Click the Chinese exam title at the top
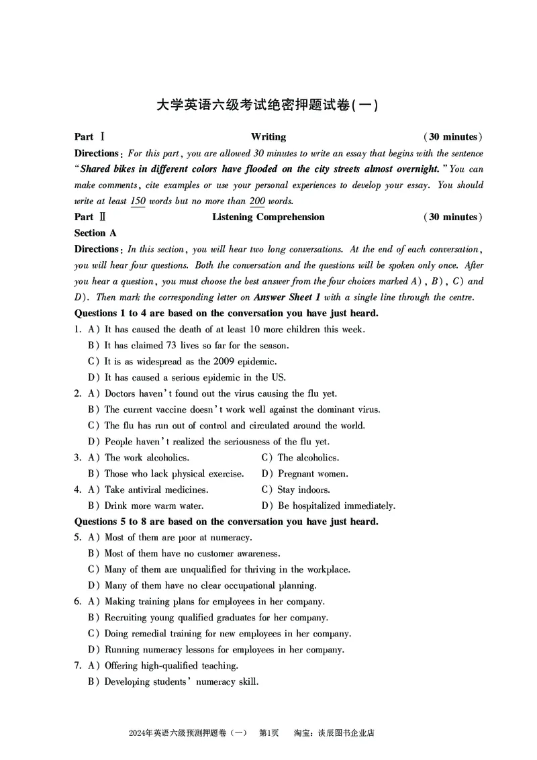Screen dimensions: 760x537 (x=268, y=105)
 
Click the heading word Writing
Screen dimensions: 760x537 (x=268, y=137)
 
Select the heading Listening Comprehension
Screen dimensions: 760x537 (x=268, y=217)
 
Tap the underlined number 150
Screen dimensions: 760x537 (x=138, y=201)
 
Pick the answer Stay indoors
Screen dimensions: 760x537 (x=303, y=490)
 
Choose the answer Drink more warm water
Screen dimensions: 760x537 (x=154, y=506)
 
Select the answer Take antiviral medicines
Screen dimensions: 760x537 (x=156, y=490)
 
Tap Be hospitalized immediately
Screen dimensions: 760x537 (x=336, y=506)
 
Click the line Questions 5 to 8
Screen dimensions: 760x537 (x=226, y=522)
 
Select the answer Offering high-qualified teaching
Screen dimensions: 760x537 (x=171, y=666)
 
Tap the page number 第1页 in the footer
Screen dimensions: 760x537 (x=268, y=733)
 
